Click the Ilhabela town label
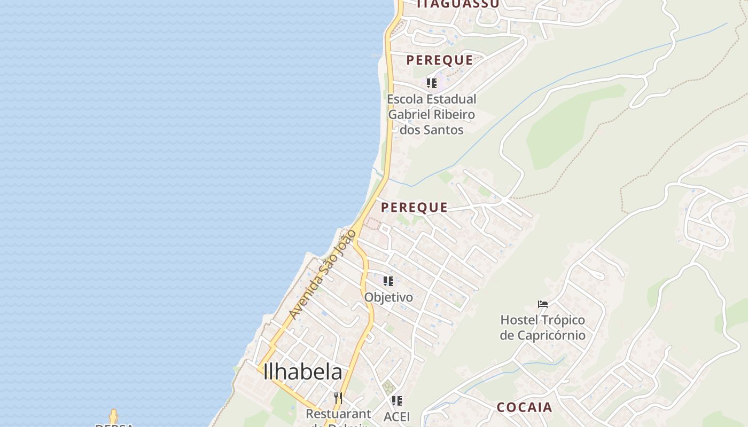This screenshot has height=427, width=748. (x=302, y=372)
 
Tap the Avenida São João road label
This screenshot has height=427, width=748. (x=322, y=275)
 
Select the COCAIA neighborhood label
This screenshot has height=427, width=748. (x=524, y=407)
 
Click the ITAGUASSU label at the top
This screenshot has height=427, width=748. (x=458, y=4)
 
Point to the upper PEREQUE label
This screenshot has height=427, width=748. (x=440, y=60)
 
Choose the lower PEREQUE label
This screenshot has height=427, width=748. (x=414, y=207)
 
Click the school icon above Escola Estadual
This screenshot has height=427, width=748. (x=431, y=83)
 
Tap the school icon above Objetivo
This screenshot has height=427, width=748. (x=388, y=281)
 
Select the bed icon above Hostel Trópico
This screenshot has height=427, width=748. (x=543, y=305)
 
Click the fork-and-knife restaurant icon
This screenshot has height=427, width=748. (x=338, y=398)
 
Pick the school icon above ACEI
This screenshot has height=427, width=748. (x=396, y=401)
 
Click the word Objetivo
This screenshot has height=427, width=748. (x=388, y=297)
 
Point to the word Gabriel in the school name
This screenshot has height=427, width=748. (x=409, y=115)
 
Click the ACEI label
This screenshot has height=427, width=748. (x=396, y=416)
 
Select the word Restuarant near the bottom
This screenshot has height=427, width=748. (x=338, y=414)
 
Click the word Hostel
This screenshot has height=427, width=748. (x=518, y=320)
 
